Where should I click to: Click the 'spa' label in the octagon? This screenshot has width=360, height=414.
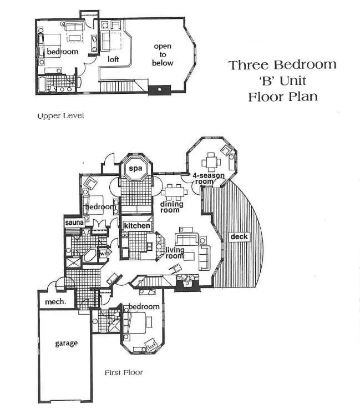135,168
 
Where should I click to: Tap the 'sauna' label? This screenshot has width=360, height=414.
74,223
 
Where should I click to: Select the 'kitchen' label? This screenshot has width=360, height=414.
137,226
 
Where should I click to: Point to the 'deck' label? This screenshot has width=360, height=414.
239,236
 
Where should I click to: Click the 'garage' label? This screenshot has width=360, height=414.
66,343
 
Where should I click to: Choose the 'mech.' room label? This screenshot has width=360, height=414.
55,301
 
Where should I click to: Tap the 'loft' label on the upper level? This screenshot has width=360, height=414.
113,59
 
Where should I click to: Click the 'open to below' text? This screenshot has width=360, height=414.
163,54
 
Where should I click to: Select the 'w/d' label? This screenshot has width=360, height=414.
104,254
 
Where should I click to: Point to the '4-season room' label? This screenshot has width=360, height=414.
208,179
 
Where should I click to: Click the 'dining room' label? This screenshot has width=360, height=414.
171,207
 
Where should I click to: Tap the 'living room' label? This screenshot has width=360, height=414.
175,253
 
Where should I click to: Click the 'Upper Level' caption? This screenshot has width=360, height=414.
60,115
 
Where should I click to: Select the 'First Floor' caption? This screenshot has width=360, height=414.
124,372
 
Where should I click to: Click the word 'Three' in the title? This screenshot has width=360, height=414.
249,65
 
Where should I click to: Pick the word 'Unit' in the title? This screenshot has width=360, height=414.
293,80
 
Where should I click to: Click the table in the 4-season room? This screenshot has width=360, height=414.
211,162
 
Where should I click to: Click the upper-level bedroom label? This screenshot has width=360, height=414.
63,52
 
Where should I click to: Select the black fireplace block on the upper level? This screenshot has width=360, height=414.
159,90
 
